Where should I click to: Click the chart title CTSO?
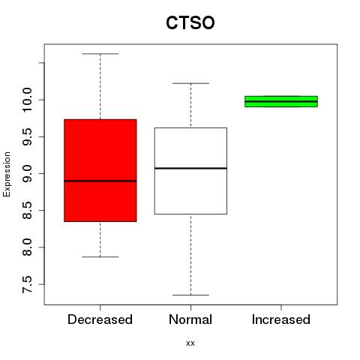click(190, 22)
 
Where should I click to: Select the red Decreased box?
click(100, 170)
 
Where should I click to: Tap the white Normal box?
click(190, 171)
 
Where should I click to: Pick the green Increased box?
click(281, 101)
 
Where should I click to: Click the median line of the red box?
click(100, 181)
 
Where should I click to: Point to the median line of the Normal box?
click(190, 168)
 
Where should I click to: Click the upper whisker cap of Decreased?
click(100, 54)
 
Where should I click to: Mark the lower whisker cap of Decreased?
click(100, 256)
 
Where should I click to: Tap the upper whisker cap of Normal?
click(190, 83)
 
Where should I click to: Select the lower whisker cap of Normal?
click(190, 295)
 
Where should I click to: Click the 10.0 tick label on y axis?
click(27, 100)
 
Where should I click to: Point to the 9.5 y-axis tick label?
click(27, 136)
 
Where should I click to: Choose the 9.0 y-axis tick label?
click(27, 173)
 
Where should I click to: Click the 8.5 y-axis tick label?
click(27, 211)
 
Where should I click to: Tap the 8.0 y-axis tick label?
click(27, 247)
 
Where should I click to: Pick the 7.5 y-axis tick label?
click(27, 284)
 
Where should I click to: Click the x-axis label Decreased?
click(100, 319)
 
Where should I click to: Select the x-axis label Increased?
click(281, 319)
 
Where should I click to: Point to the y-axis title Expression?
click(7, 174)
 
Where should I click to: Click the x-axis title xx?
click(190, 343)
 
